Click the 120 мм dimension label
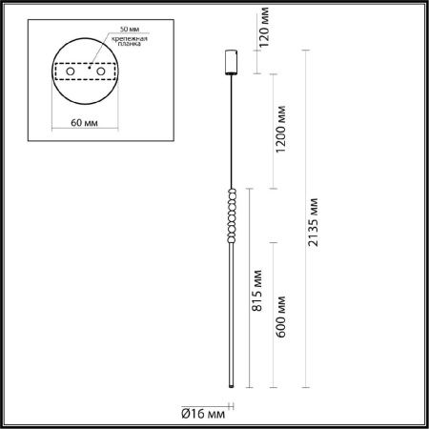point(264,28)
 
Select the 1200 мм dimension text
point(280,129)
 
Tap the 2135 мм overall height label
point(313,222)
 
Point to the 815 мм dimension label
point(256,291)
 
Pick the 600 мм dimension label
point(280,317)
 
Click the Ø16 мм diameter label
point(203,414)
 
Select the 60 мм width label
point(84,122)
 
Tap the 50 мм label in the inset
point(130,29)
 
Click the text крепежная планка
point(130,41)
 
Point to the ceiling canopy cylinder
point(232,62)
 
